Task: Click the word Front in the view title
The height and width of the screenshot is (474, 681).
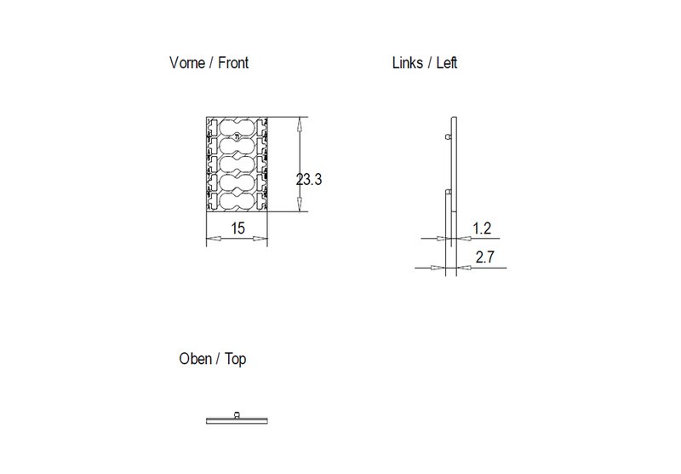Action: coord(232,64)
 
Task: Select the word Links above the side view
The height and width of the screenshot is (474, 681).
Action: coord(408,64)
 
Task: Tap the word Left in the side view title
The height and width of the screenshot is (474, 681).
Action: coord(448,64)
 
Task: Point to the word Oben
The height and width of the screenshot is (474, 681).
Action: coord(195,360)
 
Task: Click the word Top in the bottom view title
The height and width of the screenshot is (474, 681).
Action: coord(236,360)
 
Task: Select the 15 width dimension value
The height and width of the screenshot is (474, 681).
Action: coord(237,228)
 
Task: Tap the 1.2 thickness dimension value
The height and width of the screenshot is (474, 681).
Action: coord(482,228)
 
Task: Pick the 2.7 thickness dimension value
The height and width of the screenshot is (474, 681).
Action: coord(485,257)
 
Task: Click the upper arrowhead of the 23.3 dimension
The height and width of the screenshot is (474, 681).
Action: coord(298,124)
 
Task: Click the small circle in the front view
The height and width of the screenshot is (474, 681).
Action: coord(236,136)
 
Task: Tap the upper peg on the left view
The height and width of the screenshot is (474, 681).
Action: coord(449,136)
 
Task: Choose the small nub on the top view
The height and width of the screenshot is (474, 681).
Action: coord(237,415)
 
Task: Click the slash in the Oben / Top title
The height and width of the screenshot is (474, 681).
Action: coord(219,360)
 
